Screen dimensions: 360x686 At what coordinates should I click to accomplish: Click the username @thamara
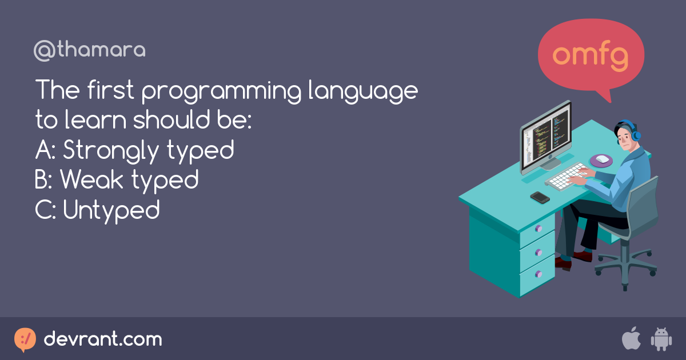(90, 51)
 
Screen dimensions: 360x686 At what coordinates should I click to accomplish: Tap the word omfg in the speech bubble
(591, 55)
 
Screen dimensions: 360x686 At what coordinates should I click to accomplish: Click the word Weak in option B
(92, 181)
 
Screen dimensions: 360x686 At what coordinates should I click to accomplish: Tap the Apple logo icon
(631, 339)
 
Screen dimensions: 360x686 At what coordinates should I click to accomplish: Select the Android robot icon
(661, 339)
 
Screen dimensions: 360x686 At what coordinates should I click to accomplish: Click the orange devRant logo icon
(25, 339)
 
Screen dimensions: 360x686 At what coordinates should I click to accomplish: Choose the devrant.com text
(103, 339)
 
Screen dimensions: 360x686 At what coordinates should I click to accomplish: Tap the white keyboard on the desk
(566, 175)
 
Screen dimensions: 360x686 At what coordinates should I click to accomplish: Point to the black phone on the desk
(540, 197)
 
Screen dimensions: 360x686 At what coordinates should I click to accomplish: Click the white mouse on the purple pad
(602, 159)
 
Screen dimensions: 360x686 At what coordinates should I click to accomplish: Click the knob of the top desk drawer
(537, 228)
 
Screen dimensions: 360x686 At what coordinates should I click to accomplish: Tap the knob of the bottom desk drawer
(537, 274)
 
